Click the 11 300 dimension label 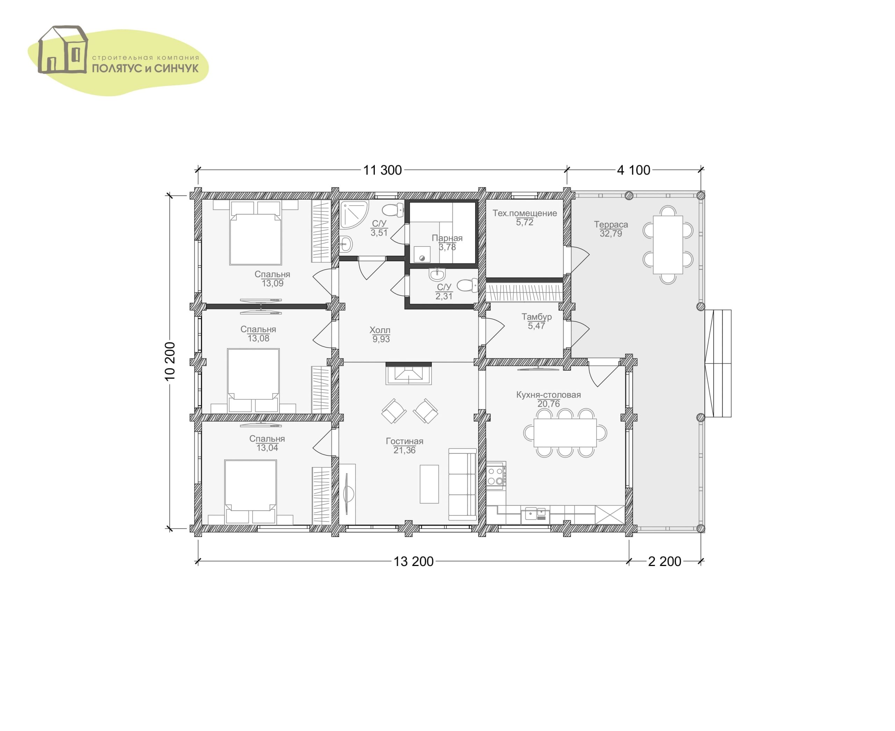[x=382, y=170]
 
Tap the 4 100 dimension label [x=633, y=170]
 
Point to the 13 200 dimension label [x=413, y=561]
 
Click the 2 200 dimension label [x=664, y=561]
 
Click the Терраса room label [x=611, y=224]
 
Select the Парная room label [x=447, y=238]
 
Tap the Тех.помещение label [x=525, y=213]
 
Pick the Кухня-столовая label [x=549, y=395]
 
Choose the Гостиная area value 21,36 [x=404, y=450]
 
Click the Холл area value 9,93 [x=381, y=339]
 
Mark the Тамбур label [x=537, y=317]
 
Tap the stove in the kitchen [x=496, y=476]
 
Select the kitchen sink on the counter [x=535, y=514]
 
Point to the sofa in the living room [x=462, y=484]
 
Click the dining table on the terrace [x=667, y=245]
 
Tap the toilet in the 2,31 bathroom [x=467, y=285]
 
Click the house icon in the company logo [x=63, y=50]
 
